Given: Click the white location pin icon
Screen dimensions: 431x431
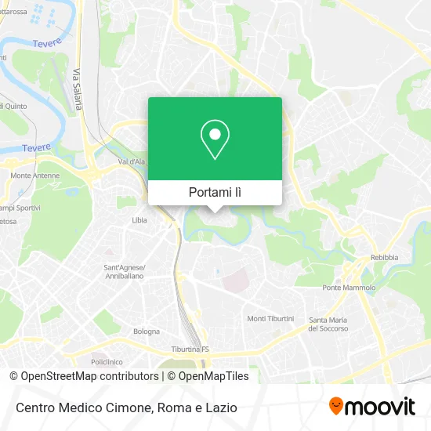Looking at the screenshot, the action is pyautogui.click(x=215, y=139).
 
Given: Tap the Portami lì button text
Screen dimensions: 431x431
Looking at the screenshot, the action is pyautogui.click(x=215, y=192).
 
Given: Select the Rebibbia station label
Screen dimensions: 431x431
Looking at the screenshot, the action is pyautogui.click(x=384, y=257).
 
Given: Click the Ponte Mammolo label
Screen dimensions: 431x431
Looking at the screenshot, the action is pyautogui.click(x=350, y=288).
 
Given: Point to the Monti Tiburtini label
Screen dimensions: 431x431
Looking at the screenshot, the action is pyautogui.click(x=270, y=318).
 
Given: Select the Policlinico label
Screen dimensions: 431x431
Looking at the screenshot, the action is pyautogui.click(x=107, y=363).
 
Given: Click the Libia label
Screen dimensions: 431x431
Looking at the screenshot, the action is pyautogui.click(x=139, y=220).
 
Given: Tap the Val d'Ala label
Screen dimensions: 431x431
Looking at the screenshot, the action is pyautogui.click(x=132, y=161).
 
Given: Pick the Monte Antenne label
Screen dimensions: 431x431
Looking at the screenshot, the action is pyautogui.click(x=35, y=176).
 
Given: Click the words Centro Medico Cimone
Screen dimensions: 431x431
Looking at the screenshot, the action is pyautogui.click(x=81, y=407).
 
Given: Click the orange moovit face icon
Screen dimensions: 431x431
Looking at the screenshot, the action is pyautogui.click(x=336, y=406).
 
